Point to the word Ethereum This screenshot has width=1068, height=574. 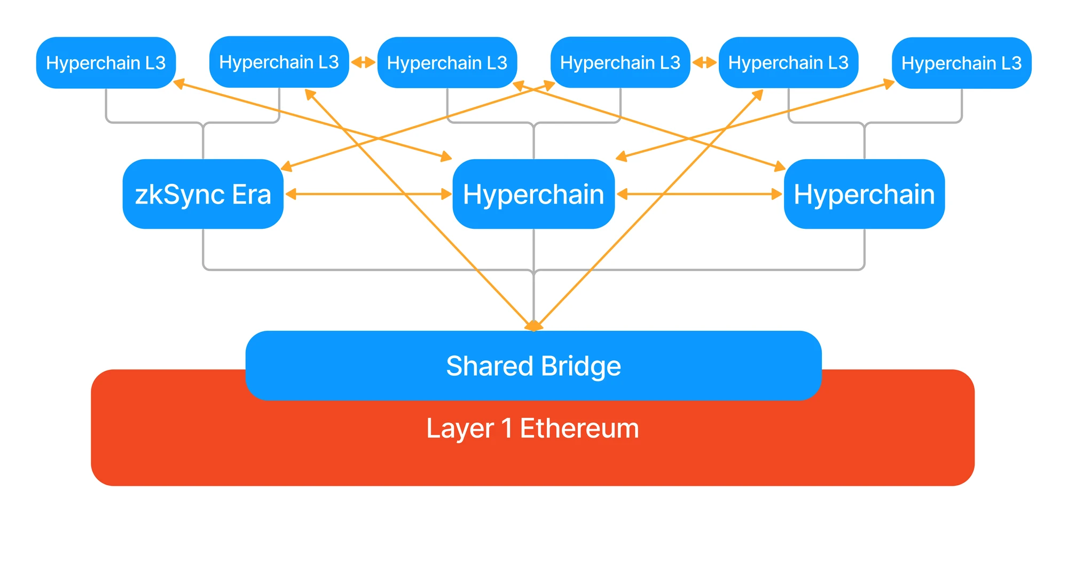tap(579, 429)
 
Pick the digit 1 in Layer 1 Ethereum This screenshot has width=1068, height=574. tap(507, 429)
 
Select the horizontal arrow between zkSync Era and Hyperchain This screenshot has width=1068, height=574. tap(368, 194)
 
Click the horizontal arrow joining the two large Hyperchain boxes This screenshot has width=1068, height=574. tap(700, 194)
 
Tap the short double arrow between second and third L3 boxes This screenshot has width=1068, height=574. tap(363, 63)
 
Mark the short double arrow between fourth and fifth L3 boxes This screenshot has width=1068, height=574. tap(704, 63)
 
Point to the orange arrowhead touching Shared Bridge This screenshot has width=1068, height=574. tap(533, 325)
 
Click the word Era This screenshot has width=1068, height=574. tap(252, 195)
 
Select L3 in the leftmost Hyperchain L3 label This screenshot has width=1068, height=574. tap(155, 63)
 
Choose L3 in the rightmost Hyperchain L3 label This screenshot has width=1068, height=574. tap(1011, 64)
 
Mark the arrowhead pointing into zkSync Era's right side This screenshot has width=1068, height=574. tap(291, 194)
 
